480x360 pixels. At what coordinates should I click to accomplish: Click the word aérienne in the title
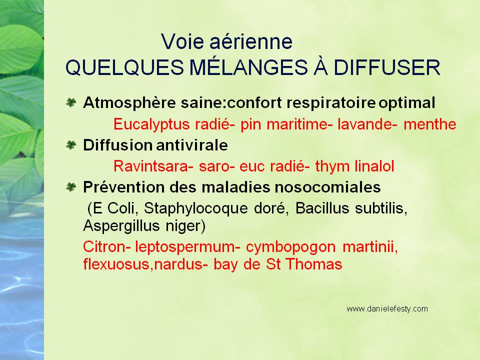tap(250, 41)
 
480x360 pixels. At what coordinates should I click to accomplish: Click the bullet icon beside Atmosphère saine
tap(71, 102)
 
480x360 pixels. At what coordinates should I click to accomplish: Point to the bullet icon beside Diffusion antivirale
tap(71, 145)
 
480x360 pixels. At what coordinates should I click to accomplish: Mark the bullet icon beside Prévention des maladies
tap(71, 186)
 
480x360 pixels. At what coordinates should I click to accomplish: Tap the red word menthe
tap(430, 124)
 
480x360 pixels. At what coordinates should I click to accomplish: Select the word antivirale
tap(192, 145)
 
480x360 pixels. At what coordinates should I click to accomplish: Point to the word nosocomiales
tap(327, 187)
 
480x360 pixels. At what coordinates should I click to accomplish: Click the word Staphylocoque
tap(196, 209)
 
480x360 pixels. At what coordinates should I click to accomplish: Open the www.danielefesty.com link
tap(387, 309)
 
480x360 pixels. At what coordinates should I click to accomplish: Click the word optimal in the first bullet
tap(407, 103)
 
